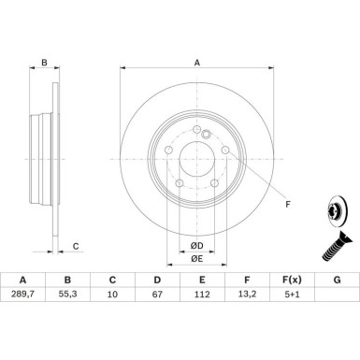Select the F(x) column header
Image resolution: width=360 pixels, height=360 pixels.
pyautogui.click(x=292, y=306)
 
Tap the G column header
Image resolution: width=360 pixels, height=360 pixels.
pyautogui.click(x=337, y=306)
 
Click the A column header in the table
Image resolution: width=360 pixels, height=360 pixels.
pyautogui.click(x=22, y=306)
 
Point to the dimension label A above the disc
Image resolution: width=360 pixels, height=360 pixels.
pyautogui.click(x=197, y=63)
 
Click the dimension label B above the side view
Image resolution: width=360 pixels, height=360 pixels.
pyautogui.click(x=44, y=64)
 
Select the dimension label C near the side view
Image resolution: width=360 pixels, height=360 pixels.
pyautogui.click(x=75, y=247)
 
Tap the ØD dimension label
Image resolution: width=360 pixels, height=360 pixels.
pyautogui.click(x=196, y=245)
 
